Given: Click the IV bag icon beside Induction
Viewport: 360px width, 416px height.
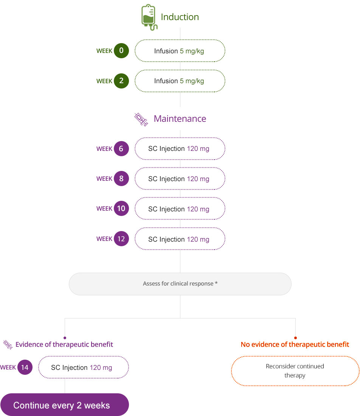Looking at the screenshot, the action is pos(149,17).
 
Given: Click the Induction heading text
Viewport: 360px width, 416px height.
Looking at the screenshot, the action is pos(180,17).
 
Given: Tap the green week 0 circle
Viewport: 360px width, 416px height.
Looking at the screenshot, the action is pos(121,51).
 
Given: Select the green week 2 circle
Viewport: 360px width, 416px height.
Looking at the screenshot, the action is pos(121,81).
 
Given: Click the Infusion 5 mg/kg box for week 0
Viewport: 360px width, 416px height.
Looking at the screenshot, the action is pos(180,51).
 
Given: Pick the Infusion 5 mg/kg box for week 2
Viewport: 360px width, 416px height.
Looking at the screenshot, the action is pos(180,81).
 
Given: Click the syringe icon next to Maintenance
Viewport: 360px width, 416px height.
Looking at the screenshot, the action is pos(141,120).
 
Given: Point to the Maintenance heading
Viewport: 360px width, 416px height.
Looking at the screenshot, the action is pos(180,119).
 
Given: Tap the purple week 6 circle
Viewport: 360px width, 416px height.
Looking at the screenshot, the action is pos(121,149).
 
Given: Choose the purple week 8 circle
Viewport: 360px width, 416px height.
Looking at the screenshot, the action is pos(121,179).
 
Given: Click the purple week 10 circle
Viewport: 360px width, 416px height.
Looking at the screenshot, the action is pos(121,208).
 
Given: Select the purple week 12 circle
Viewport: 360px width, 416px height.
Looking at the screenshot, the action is pos(121,239).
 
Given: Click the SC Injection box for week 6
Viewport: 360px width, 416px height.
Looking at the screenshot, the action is pos(180,149).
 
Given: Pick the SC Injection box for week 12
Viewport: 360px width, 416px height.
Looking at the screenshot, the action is pos(180,239).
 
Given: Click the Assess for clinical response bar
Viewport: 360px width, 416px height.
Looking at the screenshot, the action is pos(180,284).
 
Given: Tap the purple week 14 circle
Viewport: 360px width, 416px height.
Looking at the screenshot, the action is pos(25,368).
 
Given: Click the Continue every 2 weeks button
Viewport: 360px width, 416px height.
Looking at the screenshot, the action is pos(64,405).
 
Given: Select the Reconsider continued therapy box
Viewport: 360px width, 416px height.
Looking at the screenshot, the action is pos(295,371).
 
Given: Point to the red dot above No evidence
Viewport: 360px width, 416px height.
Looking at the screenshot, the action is pos(296,338).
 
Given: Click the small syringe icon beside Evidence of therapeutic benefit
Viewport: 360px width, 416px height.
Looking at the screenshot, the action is pos(8,345).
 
